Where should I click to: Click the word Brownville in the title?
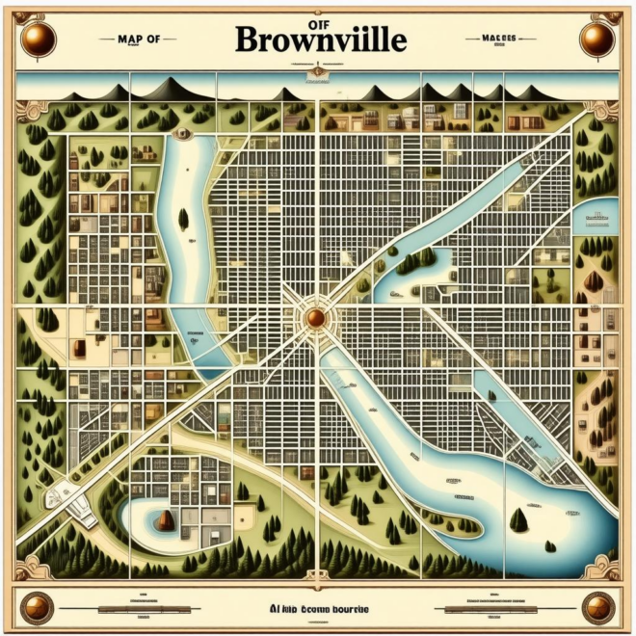coord(319,41)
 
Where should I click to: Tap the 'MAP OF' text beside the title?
coord(138,39)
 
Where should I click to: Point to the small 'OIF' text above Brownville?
coord(318,16)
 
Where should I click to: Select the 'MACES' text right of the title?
coord(498,39)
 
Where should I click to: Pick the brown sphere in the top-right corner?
coord(597,38)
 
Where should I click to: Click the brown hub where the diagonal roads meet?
coord(315,317)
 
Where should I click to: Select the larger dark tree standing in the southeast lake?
coord(519,520)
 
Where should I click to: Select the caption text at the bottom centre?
coord(318,609)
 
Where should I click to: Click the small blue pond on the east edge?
coord(595,216)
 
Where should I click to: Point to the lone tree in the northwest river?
coord(183,220)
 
